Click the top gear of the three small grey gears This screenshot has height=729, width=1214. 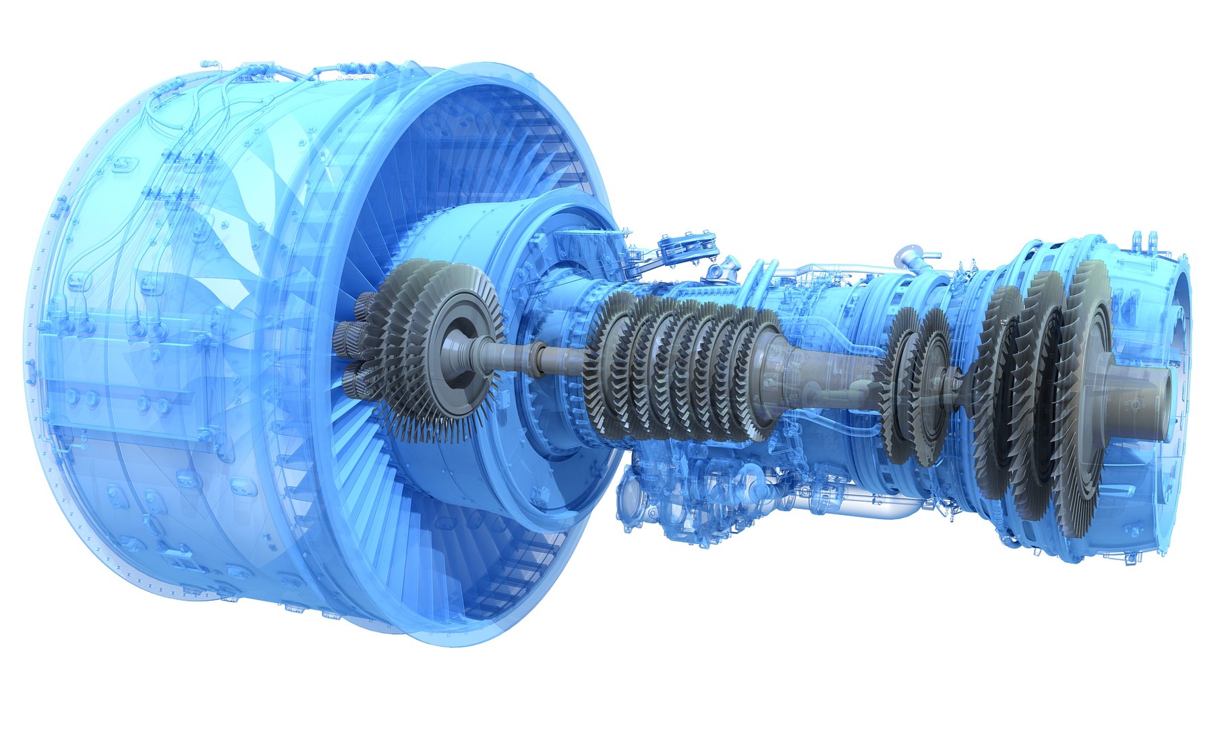coord(364,305)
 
